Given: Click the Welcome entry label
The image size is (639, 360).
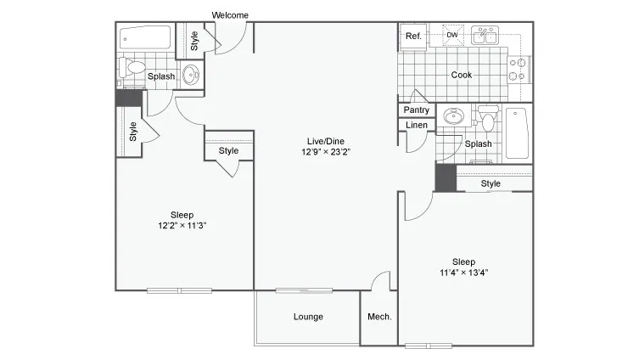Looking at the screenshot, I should point(229,15).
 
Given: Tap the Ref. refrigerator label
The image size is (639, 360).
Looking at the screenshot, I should point(413,36).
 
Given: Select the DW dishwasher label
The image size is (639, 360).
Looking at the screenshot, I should point(452,35).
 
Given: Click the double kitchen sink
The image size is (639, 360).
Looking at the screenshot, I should point(485,36).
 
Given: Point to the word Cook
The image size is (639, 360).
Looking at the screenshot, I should point(462,75).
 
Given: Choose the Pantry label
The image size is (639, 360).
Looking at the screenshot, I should point(416,110).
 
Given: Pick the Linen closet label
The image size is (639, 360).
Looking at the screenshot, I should point(416,126).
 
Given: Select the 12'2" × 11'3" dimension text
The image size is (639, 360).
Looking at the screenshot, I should point(182,226).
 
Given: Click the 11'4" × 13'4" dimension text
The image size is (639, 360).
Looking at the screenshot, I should point(463,273).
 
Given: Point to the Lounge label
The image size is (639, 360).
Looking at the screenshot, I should point(308,317).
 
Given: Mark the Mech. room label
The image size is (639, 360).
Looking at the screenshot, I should point(378,317).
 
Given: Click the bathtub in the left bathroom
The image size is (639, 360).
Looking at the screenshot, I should point(145,38).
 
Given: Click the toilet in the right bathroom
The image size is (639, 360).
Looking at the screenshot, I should point(487,119).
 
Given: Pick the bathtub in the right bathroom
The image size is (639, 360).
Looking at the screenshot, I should point(517,134).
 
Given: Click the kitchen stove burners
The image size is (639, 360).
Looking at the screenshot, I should point(517,68).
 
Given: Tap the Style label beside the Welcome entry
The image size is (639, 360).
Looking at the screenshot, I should point(193,41).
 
